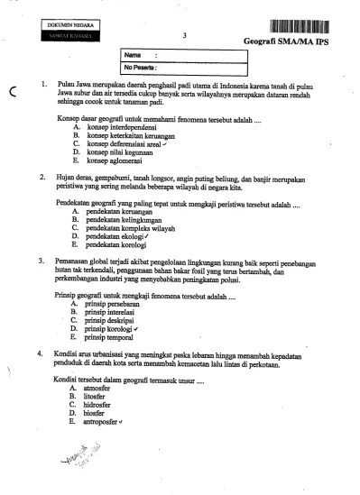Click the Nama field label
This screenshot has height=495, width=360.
(133, 56)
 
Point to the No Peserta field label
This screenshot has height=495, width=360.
(141, 67)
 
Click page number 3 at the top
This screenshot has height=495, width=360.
(183, 36)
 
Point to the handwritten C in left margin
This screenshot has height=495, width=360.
(14, 88)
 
